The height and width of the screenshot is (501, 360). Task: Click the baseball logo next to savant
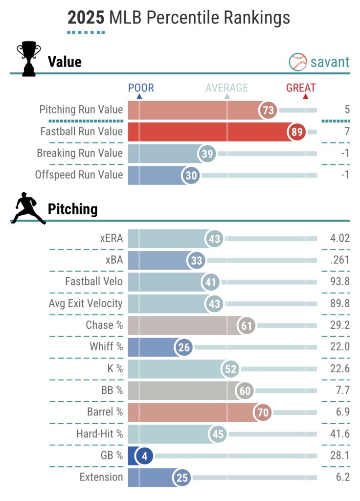pyautogui.click(x=297, y=62)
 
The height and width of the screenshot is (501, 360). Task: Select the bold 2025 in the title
pyautogui.click(x=86, y=18)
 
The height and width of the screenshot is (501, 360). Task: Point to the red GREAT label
pyautogui.click(x=301, y=88)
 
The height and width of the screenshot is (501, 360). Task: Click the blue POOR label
pyautogui.click(x=141, y=88)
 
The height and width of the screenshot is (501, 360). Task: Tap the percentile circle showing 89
pyautogui.click(x=296, y=132)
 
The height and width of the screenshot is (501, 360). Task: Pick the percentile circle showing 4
pyautogui.click(x=144, y=456)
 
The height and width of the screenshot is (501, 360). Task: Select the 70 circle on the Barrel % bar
pyautogui.click(x=263, y=412)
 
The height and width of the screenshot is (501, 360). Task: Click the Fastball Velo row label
pyautogui.click(x=94, y=282)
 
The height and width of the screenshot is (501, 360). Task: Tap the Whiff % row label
pyautogui.click(x=106, y=347)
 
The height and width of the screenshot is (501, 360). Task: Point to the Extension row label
pyautogui.click(x=101, y=477)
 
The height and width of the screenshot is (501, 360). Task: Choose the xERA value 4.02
pyautogui.click(x=339, y=239)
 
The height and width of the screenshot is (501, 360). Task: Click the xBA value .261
pyautogui.click(x=339, y=260)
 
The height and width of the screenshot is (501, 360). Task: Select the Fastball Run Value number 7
pyautogui.click(x=347, y=132)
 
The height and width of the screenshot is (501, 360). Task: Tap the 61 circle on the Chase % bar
pyautogui.click(x=246, y=325)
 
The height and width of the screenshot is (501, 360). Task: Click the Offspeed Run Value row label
pyautogui.click(x=79, y=175)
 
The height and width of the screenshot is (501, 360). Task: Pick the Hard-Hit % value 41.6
pyautogui.click(x=339, y=434)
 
